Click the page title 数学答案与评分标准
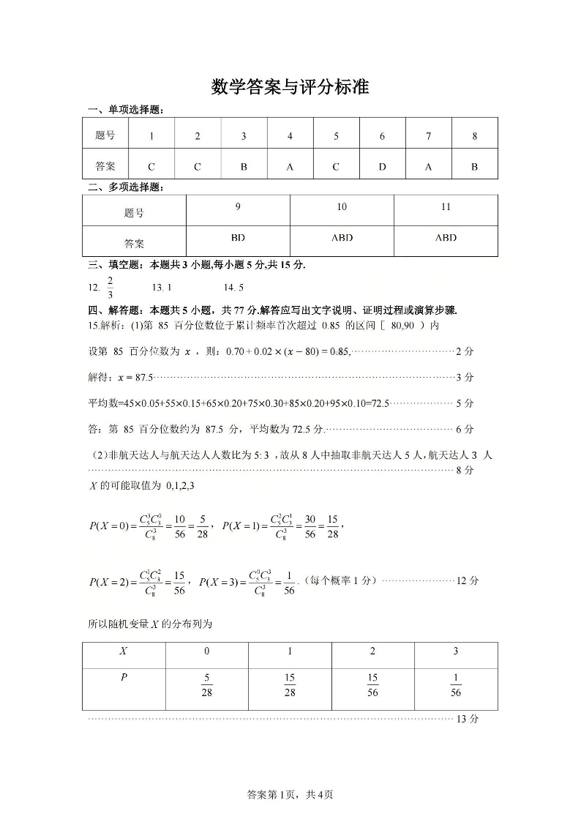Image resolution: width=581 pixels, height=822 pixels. [290, 87]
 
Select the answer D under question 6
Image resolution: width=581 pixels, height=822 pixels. [382, 166]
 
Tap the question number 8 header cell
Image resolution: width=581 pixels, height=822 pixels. [474, 135]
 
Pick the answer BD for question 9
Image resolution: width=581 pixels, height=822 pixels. [238, 237]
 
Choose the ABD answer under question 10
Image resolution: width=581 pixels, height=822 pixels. [342, 237]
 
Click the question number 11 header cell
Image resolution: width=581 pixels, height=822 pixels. [446, 207]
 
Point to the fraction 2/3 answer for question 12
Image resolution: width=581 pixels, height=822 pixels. [110, 288]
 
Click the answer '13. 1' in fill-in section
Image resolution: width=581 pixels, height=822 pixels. [161, 288]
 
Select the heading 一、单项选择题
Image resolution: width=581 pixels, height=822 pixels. [125, 110]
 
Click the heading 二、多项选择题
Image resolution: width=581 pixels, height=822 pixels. [125, 187]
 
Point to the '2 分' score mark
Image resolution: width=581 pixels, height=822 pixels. [465, 352]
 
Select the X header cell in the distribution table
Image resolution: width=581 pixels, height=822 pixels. [123, 651]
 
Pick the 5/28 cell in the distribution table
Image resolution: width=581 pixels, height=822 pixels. [206, 685]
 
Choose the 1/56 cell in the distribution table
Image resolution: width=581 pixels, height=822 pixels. [456, 685]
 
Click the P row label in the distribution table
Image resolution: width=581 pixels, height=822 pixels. [123, 678]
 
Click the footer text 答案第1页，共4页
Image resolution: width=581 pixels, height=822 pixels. [290, 794]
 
